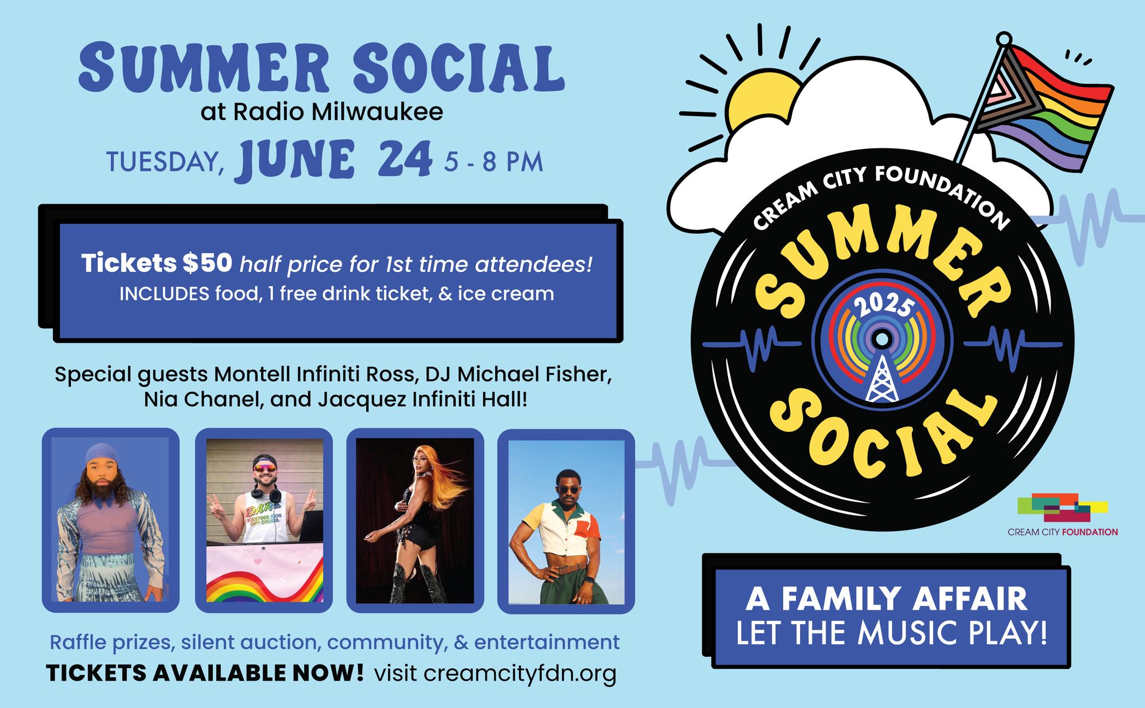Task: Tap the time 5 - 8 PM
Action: coord(494,162)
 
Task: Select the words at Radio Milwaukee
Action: coord(322,112)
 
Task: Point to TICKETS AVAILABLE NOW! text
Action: coord(205,673)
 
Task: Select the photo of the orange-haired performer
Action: coord(415,521)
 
